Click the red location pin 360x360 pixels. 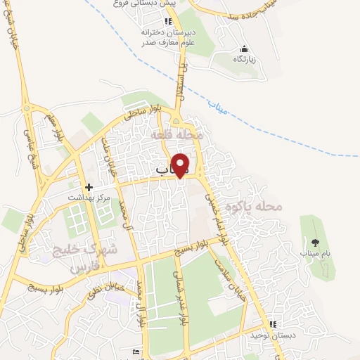point(181,164)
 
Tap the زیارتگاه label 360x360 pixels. point(243,59)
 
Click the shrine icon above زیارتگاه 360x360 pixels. point(243,49)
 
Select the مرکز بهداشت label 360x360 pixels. point(89,198)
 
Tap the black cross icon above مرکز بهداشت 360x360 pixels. point(89,187)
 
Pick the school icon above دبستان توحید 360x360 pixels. point(272,324)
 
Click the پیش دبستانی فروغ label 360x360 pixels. point(148,3)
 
